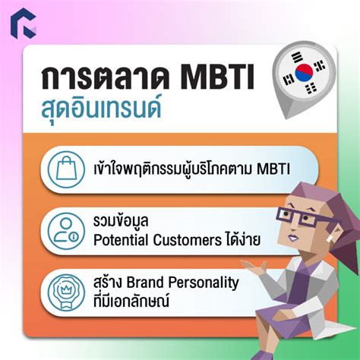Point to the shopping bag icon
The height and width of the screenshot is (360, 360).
67,168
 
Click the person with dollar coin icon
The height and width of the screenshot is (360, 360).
67,230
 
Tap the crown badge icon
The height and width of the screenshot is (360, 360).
67,292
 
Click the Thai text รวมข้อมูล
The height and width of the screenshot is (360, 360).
118,221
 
